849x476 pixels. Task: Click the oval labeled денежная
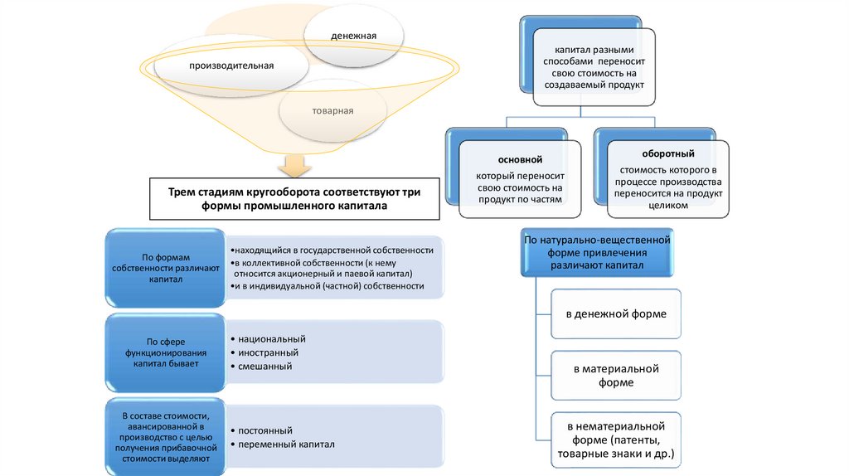pos(354,36)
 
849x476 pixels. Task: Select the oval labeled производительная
pos(231,65)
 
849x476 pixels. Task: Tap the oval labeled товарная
pos(332,110)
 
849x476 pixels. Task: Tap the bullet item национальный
pos(271,339)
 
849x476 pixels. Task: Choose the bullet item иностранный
pos(268,352)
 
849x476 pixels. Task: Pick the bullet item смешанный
pos(264,366)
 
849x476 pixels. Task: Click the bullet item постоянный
pos(264,431)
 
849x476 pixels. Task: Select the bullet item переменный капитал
pos(286,444)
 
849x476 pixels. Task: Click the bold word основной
pos(520,158)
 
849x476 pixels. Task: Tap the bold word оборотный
pos(668,154)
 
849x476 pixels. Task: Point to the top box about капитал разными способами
pos(594,68)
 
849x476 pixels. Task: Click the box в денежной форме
pos(616,314)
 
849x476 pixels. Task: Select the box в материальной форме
pos(616,375)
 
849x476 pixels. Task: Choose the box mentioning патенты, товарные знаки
pos(616,439)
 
